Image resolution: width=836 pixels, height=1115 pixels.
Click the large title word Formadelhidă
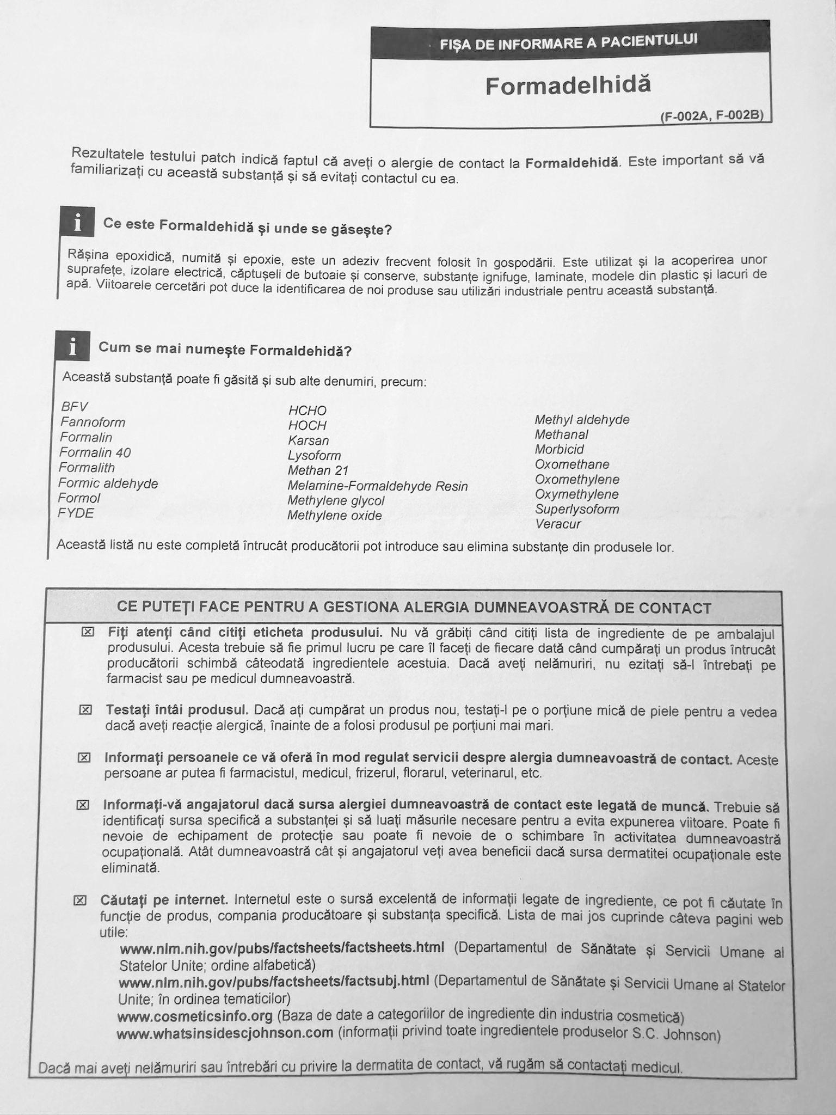(x=568, y=85)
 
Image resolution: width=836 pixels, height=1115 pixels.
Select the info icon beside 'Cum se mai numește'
(x=73, y=346)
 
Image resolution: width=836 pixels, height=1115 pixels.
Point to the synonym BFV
(x=75, y=407)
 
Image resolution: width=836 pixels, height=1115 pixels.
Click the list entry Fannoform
(x=93, y=422)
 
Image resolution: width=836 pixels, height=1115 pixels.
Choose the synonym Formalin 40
(x=95, y=452)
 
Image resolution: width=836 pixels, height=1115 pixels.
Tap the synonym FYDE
(x=76, y=513)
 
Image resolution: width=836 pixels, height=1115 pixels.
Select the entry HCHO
(x=308, y=411)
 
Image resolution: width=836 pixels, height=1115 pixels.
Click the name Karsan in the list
(x=309, y=440)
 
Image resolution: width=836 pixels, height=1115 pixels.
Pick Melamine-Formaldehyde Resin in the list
(x=378, y=486)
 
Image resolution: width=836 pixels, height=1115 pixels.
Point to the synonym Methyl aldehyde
(x=582, y=420)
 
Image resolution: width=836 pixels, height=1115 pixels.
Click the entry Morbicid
(x=560, y=450)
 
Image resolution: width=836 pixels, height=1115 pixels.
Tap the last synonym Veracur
(x=558, y=524)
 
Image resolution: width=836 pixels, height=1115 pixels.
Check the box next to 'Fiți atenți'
(x=88, y=632)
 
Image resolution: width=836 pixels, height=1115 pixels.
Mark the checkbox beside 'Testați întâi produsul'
(x=85, y=710)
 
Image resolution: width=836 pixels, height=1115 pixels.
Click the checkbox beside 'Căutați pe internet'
(x=80, y=900)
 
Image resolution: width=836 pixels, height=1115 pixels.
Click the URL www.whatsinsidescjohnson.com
(x=225, y=1033)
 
